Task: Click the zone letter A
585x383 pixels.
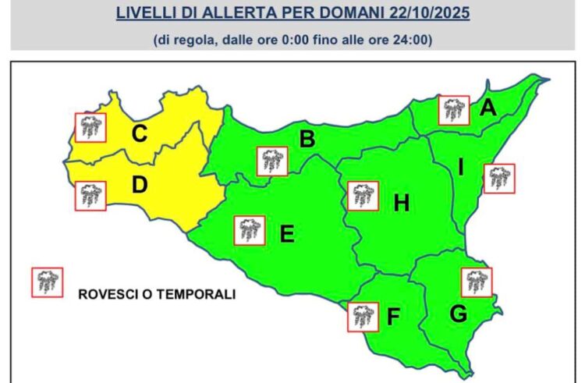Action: [x=488, y=108]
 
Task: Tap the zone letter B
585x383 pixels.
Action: [x=307, y=140]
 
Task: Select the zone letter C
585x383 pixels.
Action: [x=139, y=134]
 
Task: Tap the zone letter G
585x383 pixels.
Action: [x=459, y=314]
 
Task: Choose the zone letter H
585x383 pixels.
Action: [x=401, y=204]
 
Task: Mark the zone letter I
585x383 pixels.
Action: [x=461, y=167]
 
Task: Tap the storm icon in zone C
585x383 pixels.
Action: [x=90, y=126]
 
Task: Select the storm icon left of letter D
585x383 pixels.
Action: [x=90, y=195]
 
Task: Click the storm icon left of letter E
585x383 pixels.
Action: [x=250, y=229]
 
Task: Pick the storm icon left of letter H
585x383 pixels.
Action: [x=363, y=196]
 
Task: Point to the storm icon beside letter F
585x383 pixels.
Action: [x=361, y=315]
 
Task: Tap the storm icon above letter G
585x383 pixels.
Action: [x=476, y=282]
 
